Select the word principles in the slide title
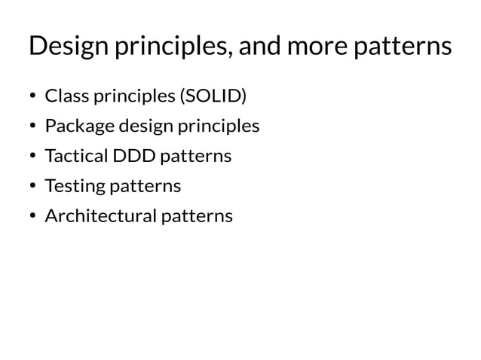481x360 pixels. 170,48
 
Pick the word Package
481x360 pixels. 75,127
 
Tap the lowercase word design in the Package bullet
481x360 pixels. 142,127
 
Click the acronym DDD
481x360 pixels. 132,156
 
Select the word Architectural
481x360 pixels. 99,216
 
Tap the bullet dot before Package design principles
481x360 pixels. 32,127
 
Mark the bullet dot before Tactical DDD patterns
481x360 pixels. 32,157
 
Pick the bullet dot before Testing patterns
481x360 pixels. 32,187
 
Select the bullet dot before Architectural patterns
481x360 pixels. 32,217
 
